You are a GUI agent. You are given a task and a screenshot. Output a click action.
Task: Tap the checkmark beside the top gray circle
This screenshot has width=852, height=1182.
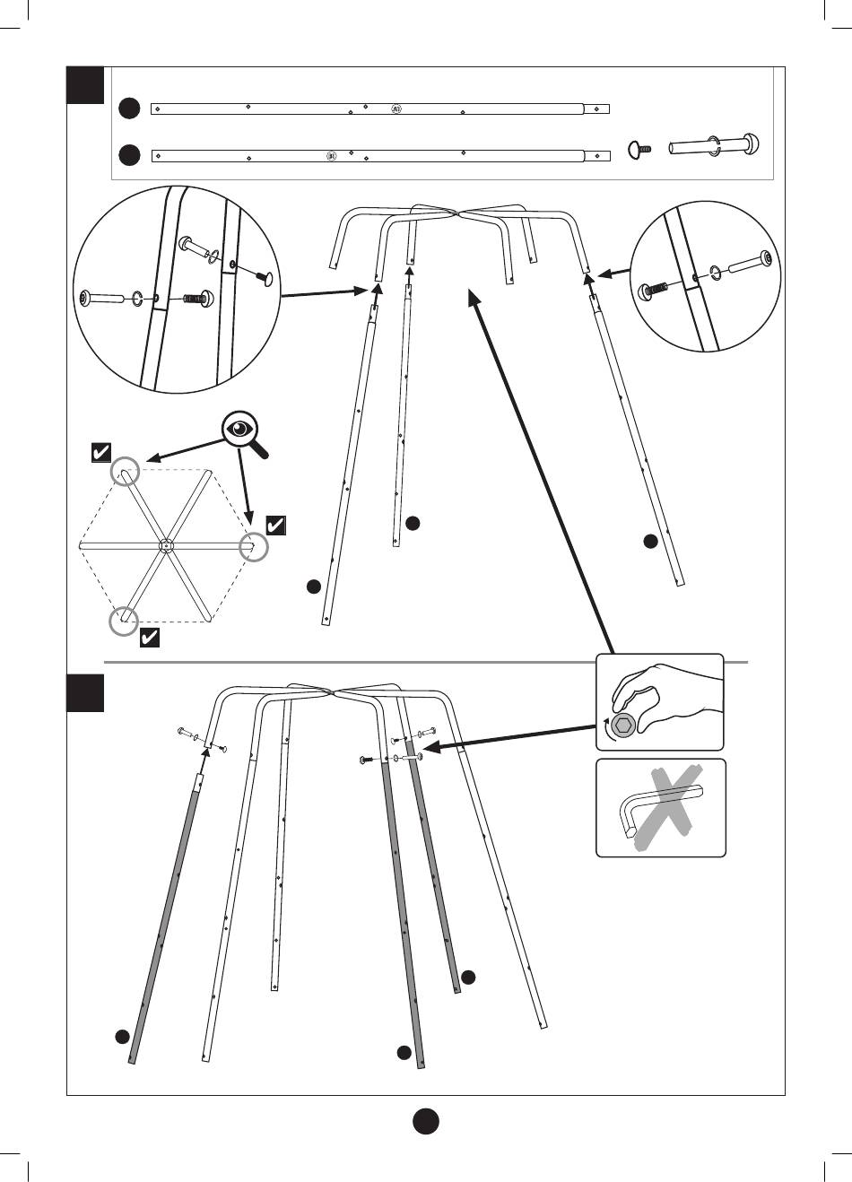[x=101, y=453]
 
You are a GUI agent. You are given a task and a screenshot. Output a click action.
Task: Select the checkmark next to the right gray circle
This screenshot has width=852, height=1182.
[x=276, y=526]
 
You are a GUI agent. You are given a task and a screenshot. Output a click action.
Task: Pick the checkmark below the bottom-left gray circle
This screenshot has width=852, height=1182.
[x=150, y=638]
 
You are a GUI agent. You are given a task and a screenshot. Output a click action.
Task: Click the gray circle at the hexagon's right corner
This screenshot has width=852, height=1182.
[x=256, y=547]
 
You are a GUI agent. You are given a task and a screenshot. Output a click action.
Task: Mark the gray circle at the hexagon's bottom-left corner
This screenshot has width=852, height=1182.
[x=124, y=621]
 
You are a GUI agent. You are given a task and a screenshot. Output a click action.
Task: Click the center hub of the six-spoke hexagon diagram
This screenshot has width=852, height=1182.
[x=166, y=544]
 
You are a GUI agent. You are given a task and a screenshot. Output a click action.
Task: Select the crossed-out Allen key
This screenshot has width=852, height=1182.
[x=662, y=807]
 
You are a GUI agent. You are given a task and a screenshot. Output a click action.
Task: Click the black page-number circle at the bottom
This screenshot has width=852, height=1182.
[x=426, y=1121]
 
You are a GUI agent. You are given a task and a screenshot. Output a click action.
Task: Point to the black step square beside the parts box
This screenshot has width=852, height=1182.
[x=86, y=85]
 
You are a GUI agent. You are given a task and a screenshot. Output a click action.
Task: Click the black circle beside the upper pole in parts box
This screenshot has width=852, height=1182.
[x=130, y=109]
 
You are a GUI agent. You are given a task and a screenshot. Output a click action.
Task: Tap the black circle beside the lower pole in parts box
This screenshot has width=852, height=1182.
[x=130, y=156]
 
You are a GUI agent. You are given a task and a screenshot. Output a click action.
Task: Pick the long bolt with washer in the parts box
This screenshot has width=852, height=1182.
[x=716, y=144]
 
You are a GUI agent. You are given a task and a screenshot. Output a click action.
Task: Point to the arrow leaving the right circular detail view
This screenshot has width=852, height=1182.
[x=613, y=271]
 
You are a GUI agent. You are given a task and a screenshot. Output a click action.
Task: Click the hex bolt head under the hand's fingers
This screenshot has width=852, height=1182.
[x=622, y=725]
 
